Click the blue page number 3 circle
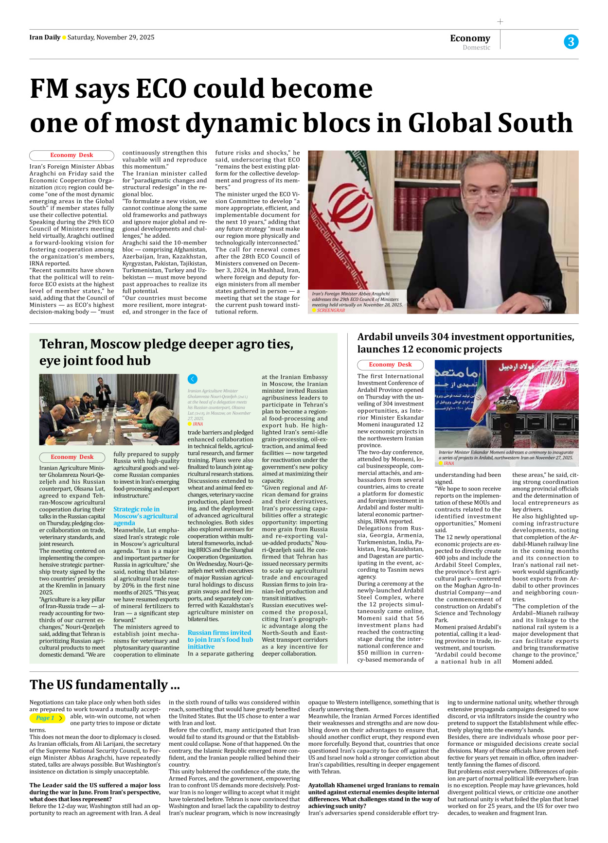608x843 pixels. pos(571,42)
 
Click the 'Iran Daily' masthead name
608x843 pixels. pos(45,37)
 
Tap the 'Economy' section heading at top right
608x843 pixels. pos(470,38)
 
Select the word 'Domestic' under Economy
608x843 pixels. pos(476,48)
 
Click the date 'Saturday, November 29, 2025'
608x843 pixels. pos(111,37)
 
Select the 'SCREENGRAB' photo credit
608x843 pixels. pos(331,310)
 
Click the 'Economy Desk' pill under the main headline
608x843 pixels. pos(72,155)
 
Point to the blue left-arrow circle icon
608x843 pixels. pos(193,379)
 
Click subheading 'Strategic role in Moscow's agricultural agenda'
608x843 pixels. pos(145,516)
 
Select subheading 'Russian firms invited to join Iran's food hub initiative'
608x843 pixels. pos(220,639)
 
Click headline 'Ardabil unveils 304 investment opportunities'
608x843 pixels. pos(465,337)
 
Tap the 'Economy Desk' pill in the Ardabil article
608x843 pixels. pos(390,365)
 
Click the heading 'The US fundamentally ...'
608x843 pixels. pos(105,685)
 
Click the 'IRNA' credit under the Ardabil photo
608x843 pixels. pos(448,463)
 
